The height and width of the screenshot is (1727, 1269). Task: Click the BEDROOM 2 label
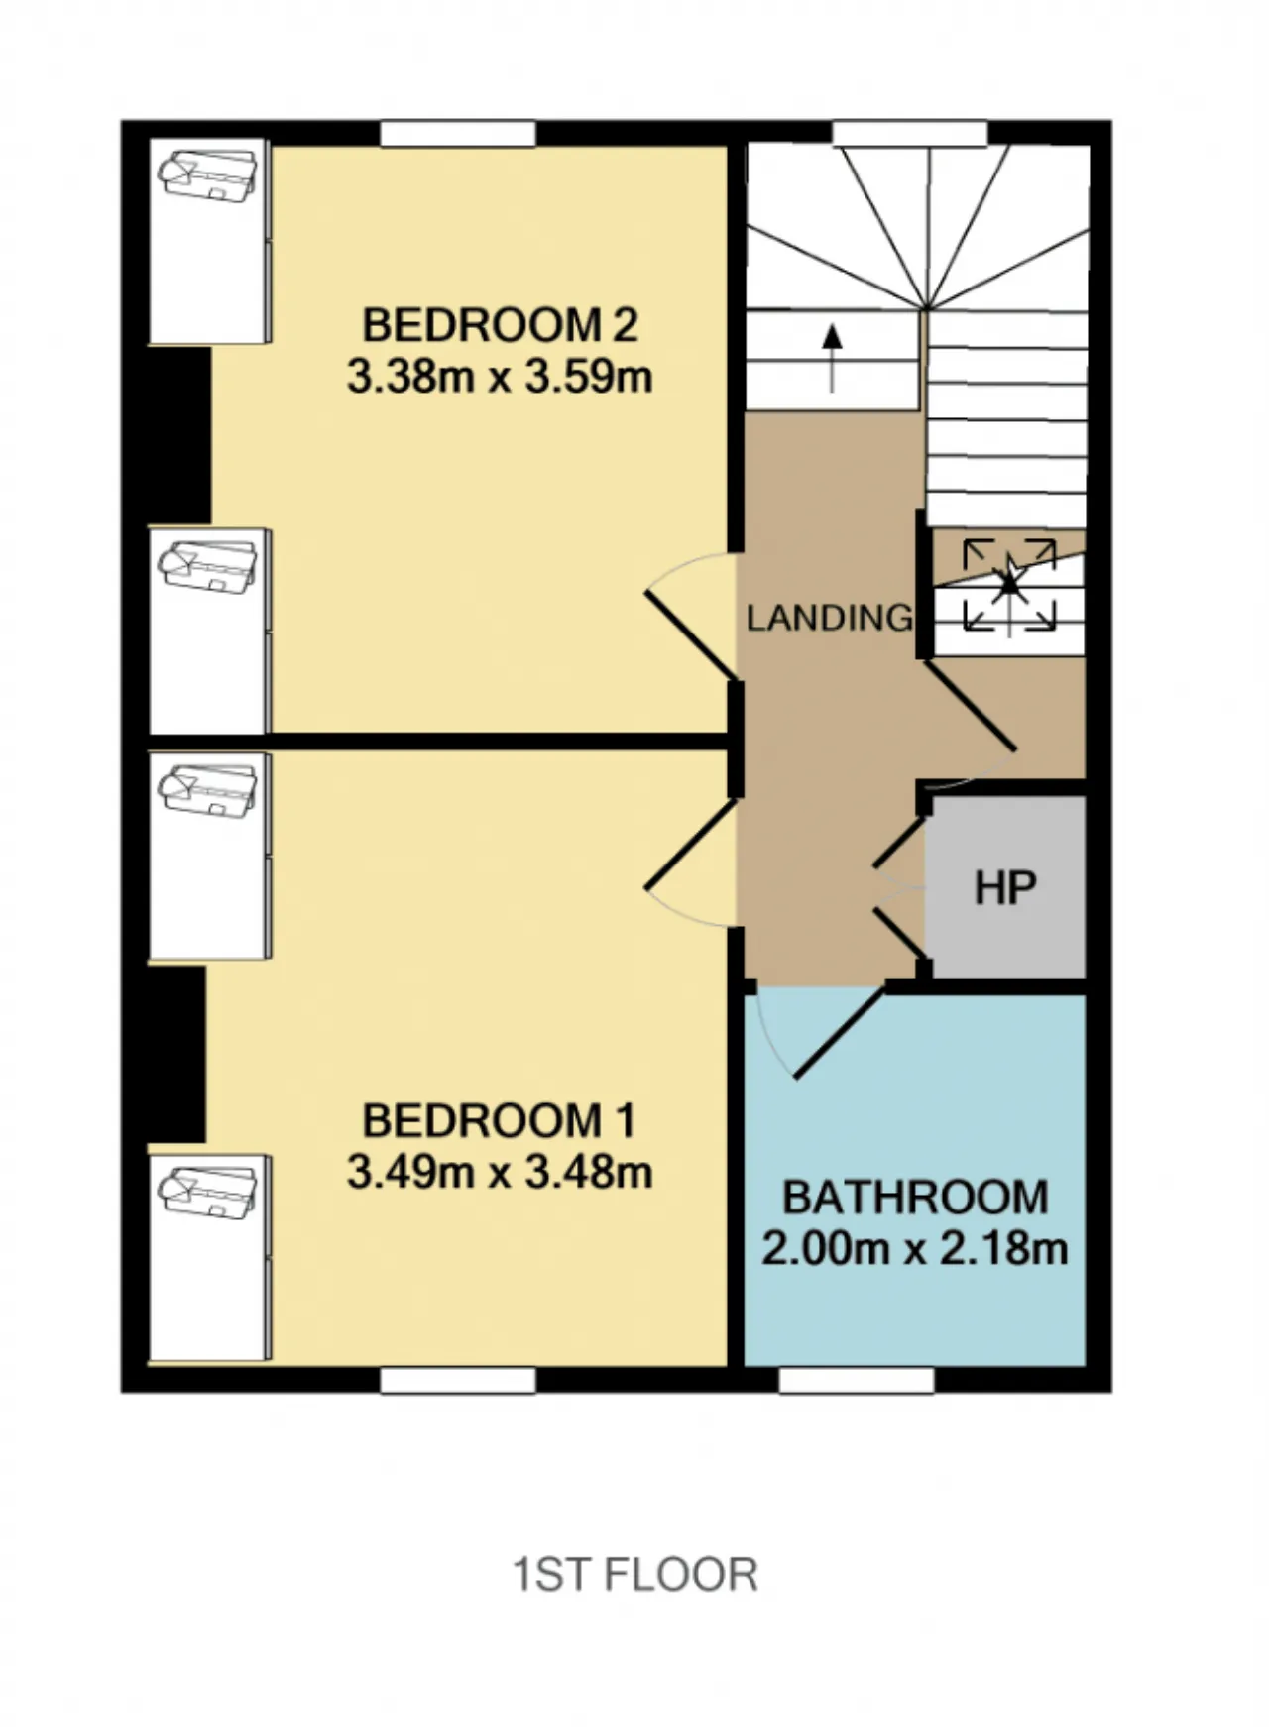pyautogui.click(x=500, y=325)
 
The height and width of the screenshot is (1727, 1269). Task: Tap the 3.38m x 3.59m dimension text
pyautogui.click(x=500, y=378)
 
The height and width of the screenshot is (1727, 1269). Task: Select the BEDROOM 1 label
pyautogui.click(x=499, y=1120)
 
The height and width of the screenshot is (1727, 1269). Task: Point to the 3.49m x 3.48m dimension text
pyautogui.click(x=500, y=1173)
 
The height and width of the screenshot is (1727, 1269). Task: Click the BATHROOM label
pyautogui.click(x=915, y=1198)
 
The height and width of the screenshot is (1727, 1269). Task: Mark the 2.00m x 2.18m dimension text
pyautogui.click(x=915, y=1248)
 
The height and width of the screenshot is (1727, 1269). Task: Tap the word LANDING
pyautogui.click(x=830, y=618)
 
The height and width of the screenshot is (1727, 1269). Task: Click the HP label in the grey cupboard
pyautogui.click(x=1005, y=888)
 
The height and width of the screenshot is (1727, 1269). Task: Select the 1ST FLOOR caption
pyautogui.click(x=634, y=1574)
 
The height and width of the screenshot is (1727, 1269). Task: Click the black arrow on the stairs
pyautogui.click(x=832, y=358)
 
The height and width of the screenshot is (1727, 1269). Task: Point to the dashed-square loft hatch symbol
pyautogui.click(x=1009, y=584)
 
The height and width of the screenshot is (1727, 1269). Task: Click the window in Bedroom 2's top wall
pyautogui.click(x=458, y=134)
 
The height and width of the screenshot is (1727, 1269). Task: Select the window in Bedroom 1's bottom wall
pyautogui.click(x=458, y=1380)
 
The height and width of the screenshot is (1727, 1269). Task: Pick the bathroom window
pyautogui.click(x=857, y=1380)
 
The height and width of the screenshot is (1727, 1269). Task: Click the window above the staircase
pyautogui.click(x=909, y=134)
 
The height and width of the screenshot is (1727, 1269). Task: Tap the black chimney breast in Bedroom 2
pyautogui.click(x=179, y=435)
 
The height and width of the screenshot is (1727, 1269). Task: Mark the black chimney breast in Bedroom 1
pyautogui.click(x=176, y=1054)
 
